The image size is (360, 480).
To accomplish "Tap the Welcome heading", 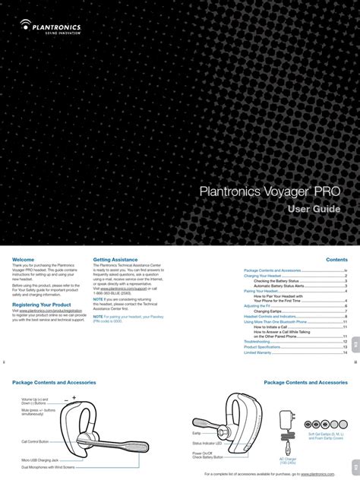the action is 24,260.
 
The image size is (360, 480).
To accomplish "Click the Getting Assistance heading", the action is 115,260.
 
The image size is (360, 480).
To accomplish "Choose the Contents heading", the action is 336,260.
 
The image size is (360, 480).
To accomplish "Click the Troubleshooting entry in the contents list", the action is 257,342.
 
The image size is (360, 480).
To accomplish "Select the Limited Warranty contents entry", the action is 257,352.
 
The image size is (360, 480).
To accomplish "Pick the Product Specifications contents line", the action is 262,347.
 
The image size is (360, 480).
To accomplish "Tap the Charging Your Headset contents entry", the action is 261,275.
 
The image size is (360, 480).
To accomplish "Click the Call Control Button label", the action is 35,441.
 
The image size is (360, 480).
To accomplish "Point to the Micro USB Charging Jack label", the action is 41,459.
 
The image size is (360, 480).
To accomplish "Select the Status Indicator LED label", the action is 207,443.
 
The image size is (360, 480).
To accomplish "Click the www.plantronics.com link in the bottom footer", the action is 317,473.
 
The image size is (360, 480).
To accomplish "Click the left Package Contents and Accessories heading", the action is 53,383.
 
